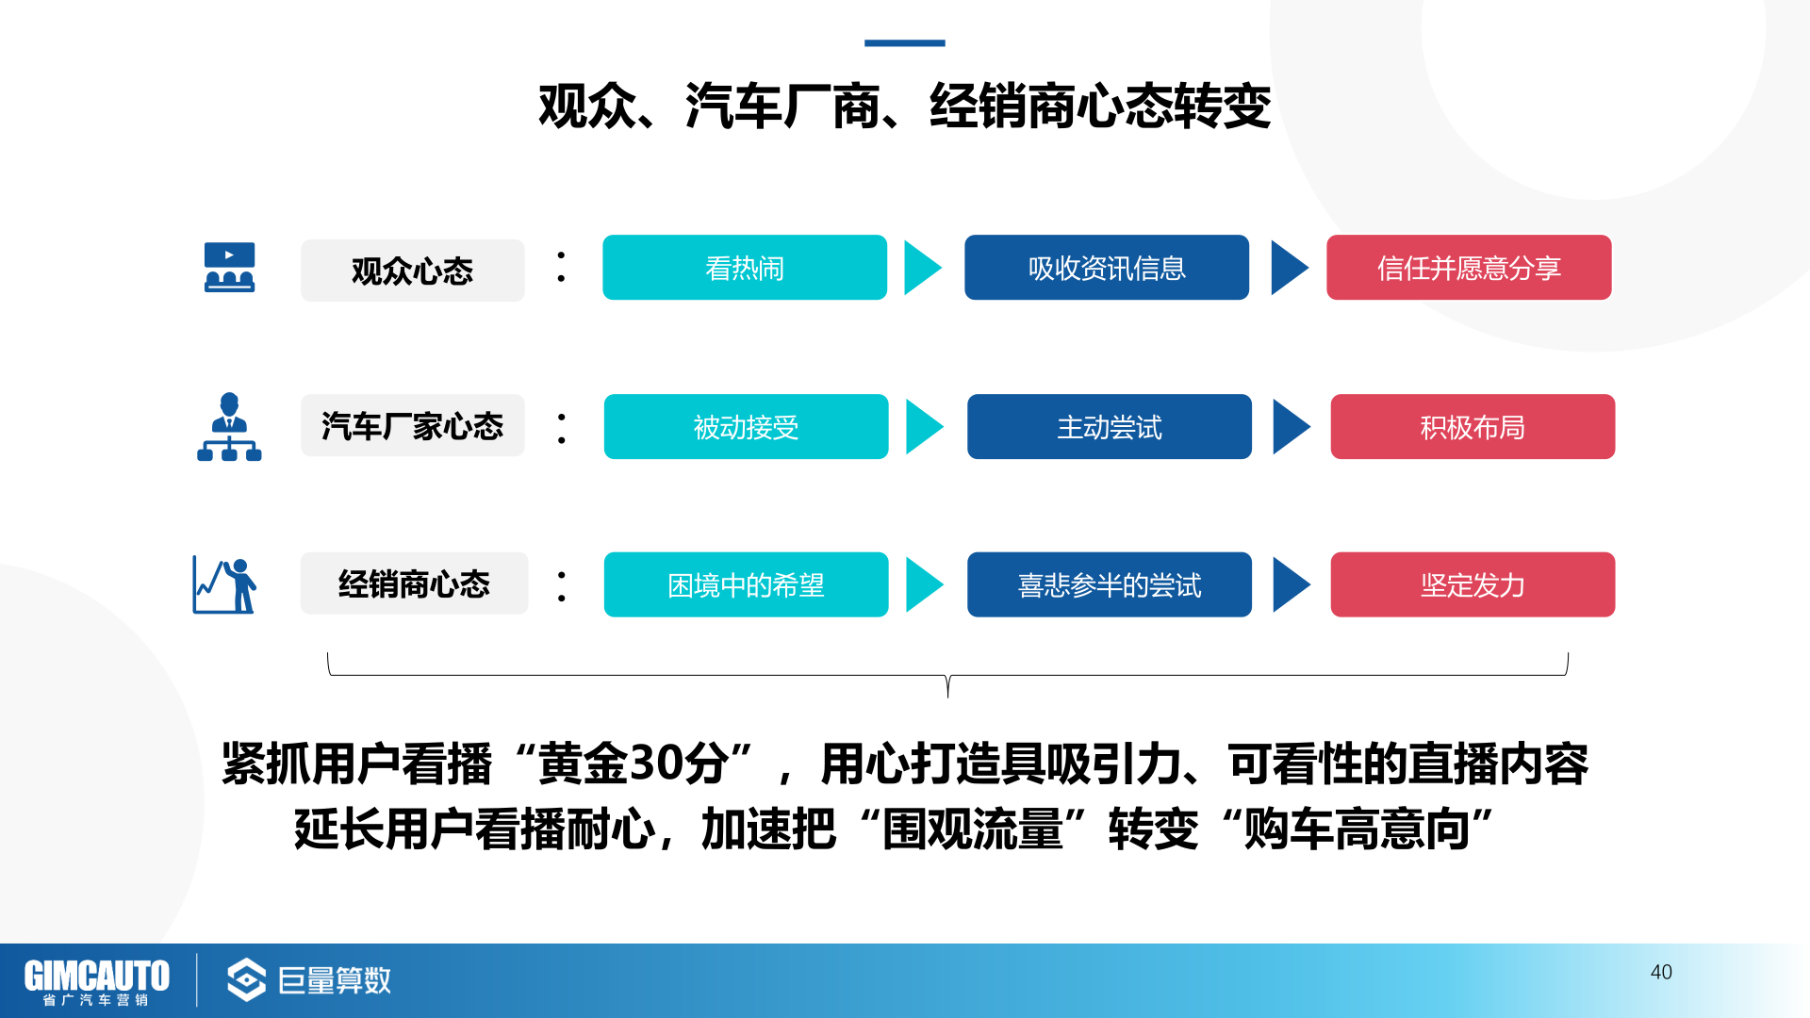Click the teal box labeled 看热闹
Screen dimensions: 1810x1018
click(745, 268)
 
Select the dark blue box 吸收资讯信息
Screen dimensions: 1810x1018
click(1107, 268)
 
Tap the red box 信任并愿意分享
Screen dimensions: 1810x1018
click(1469, 268)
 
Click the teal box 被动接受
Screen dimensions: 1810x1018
click(746, 427)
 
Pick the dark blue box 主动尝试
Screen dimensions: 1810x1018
click(1110, 427)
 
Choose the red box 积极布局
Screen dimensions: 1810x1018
click(1473, 427)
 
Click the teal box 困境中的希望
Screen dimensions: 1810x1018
click(746, 584)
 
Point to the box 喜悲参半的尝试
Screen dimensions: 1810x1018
click(1110, 584)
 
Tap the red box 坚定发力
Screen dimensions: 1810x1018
click(1473, 584)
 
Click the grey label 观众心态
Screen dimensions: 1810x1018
click(413, 271)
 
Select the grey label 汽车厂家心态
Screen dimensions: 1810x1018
click(413, 426)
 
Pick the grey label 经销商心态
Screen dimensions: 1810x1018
click(414, 583)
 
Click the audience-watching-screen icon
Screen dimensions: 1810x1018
click(229, 268)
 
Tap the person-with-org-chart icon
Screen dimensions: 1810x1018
click(229, 427)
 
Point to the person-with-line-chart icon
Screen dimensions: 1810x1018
click(224, 584)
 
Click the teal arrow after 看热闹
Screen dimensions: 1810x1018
click(923, 268)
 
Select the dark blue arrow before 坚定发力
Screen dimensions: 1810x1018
click(1292, 584)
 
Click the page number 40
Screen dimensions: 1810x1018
click(1661, 972)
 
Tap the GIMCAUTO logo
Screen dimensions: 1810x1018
click(96, 981)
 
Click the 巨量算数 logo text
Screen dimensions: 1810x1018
click(335, 980)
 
